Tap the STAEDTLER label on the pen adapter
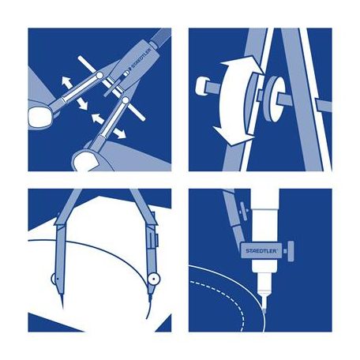(257, 251)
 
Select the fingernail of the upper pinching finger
(39, 117)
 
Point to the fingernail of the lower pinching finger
(84, 161)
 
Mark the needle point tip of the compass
(62, 306)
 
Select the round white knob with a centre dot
(154, 279)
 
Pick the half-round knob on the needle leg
(53, 279)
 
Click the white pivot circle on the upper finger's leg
(99, 76)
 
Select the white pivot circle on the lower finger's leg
(126, 100)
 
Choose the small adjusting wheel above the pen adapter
(244, 211)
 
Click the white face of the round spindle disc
(278, 99)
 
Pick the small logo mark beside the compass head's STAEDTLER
(126, 73)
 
